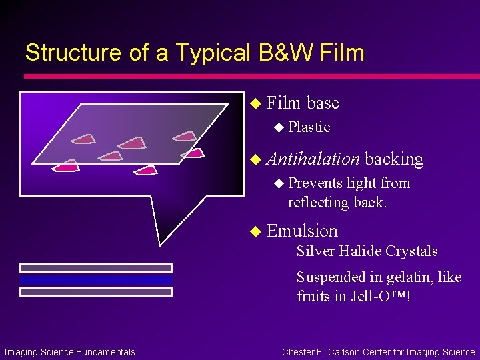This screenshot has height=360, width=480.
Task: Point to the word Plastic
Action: [309, 127]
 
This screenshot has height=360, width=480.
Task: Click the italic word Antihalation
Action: [313, 159]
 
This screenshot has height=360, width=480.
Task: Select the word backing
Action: [394, 159]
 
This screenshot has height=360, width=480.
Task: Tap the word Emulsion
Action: [302, 231]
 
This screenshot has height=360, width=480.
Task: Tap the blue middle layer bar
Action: [96, 280]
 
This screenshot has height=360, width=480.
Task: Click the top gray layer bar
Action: [96, 268]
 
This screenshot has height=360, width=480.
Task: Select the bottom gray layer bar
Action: [96, 292]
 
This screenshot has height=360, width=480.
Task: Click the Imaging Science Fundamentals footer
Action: [70, 352]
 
